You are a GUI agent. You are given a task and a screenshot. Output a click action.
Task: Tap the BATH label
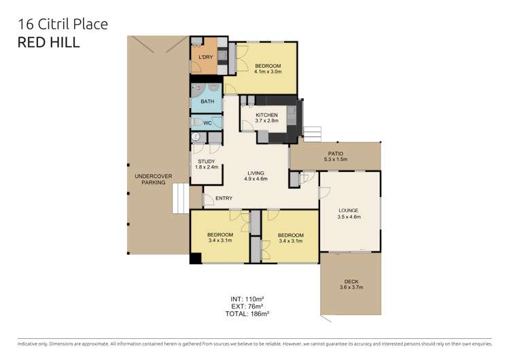pyautogui.click(x=207, y=102)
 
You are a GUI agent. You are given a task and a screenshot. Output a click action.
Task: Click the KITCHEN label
pyautogui.click(x=266, y=115)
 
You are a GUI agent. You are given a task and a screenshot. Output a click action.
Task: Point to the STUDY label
pyautogui.click(x=206, y=162)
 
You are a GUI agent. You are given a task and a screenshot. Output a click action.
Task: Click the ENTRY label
pyautogui.click(x=224, y=198)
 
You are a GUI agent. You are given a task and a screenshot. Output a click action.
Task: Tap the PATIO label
pyautogui.click(x=335, y=154)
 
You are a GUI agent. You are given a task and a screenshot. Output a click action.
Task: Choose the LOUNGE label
pyautogui.click(x=349, y=211)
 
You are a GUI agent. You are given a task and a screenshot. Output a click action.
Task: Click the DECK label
pyautogui.click(x=351, y=282)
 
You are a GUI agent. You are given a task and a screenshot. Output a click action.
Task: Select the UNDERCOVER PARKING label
pyautogui.click(x=153, y=179)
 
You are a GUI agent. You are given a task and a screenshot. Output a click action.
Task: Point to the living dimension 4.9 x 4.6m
pyautogui.click(x=256, y=179)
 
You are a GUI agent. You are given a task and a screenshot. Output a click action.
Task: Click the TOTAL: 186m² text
pyautogui.click(x=247, y=314)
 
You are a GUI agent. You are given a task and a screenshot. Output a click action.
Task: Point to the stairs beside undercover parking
pyautogui.click(x=180, y=198)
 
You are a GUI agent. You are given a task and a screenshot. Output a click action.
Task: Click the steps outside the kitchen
pyautogui.click(x=311, y=133)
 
